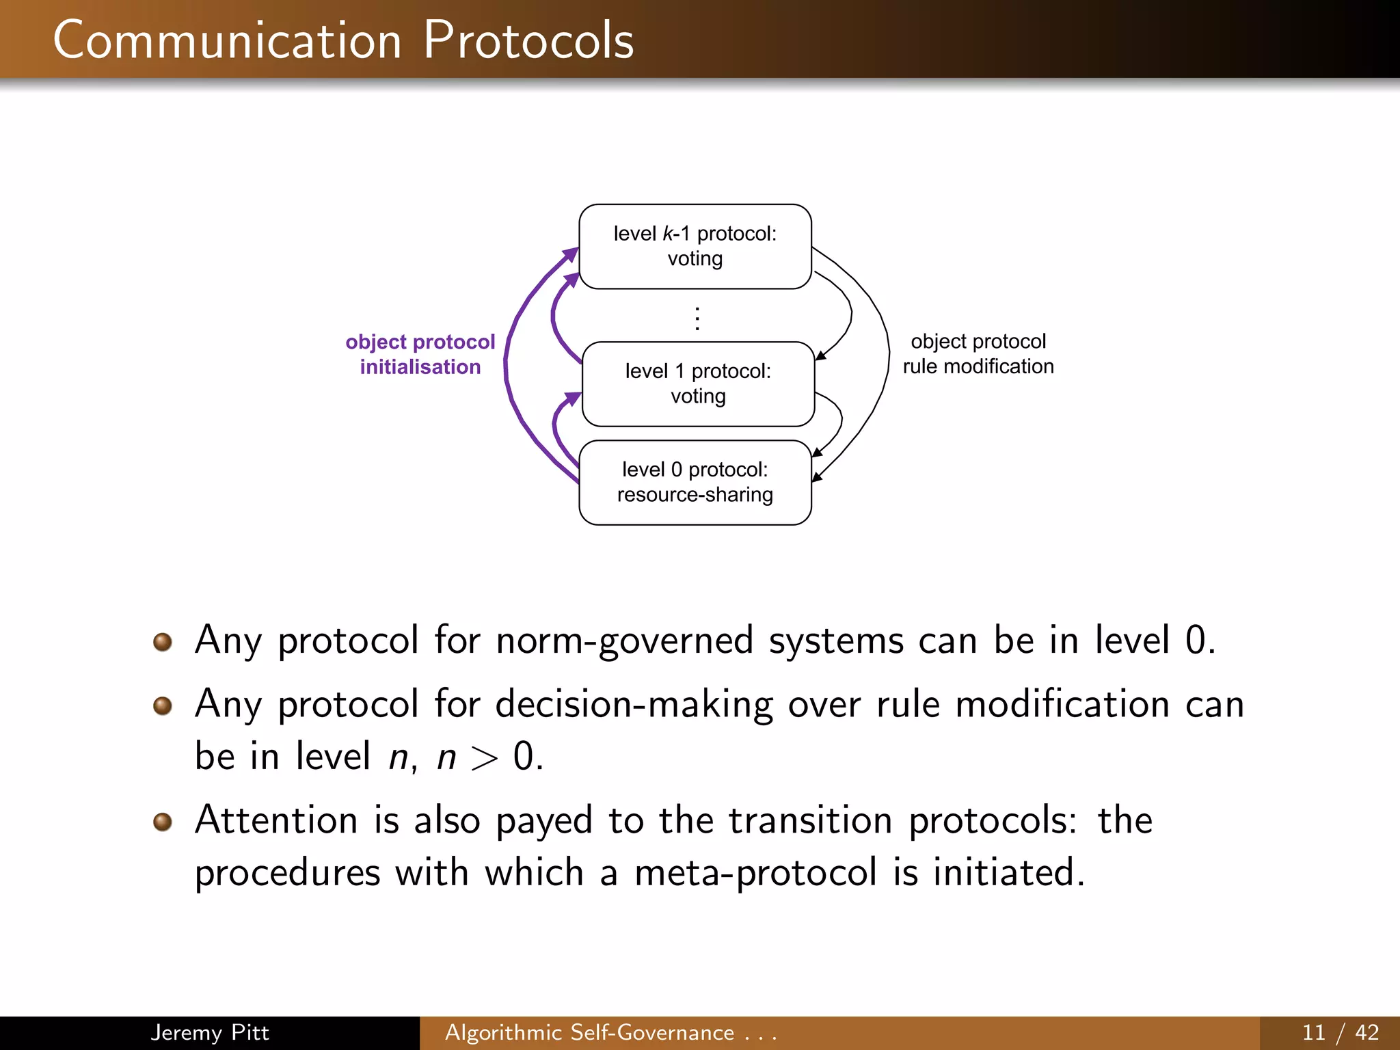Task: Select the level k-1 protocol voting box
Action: point(695,246)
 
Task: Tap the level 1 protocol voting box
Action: point(697,383)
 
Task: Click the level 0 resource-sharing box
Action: point(695,482)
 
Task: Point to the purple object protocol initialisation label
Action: point(420,354)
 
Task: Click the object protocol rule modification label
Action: point(978,353)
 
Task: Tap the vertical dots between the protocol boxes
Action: point(697,319)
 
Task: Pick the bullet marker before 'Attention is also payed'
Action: point(163,821)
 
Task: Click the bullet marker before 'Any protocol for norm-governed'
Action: point(163,642)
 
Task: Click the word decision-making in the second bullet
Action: point(634,704)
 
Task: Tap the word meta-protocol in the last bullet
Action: point(755,873)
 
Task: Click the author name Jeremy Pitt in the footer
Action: point(209,1032)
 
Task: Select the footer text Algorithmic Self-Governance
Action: point(589,1032)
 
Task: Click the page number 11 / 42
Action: point(1340,1032)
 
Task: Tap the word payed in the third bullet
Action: point(543,821)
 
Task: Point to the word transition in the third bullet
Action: point(810,820)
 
